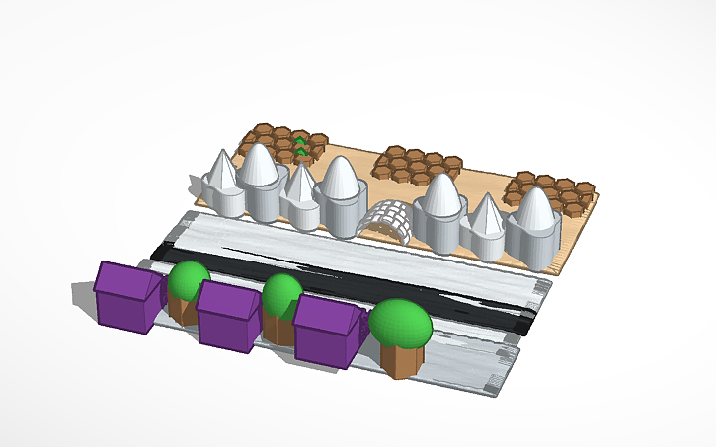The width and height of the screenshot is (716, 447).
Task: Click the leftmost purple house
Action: click(x=125, y=298)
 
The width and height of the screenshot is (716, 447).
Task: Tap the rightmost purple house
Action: click(x=329, y=333)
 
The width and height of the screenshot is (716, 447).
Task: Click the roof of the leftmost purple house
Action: click(x=123, y=279)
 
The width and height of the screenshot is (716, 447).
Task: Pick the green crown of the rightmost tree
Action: click(x=400, y=322)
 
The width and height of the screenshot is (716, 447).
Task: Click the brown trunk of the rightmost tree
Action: click(x=401, y=359)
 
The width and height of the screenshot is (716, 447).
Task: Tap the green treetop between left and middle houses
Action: click(x=188, y=280)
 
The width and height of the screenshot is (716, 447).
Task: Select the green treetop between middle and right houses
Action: click(x=281, y=293)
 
